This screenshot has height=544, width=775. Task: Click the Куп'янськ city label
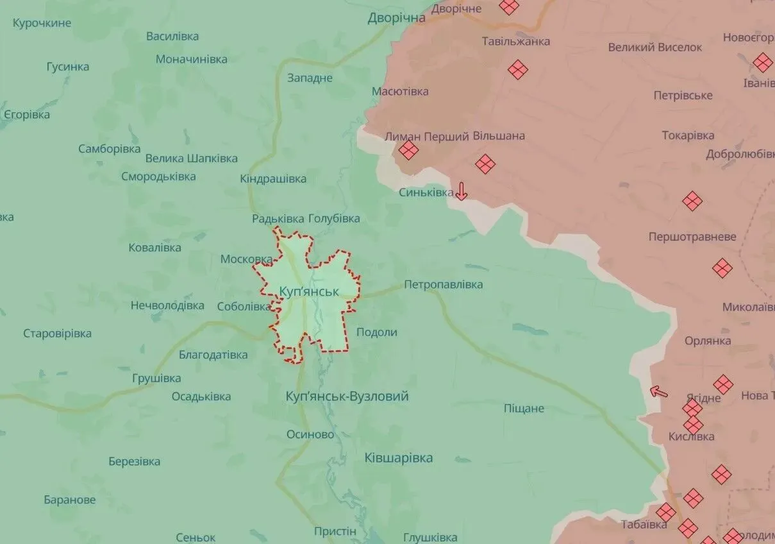[309, 291]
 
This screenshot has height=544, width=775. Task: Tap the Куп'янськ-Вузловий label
[347, 396]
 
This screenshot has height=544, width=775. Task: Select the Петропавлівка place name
[443, 284]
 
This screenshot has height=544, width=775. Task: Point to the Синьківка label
[426, 192]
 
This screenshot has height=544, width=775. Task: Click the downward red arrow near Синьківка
[461, 191]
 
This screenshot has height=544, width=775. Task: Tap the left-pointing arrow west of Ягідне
[658, 391]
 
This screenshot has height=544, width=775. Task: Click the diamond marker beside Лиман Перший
[408, 151]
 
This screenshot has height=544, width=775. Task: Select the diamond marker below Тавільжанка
[518, 69]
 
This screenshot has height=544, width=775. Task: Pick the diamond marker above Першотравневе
[692, 201]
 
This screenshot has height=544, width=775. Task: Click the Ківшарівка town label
[398, 458]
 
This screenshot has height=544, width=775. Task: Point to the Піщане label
[524, 408]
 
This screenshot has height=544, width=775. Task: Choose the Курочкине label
[42, 23]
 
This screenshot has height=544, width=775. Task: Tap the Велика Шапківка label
[191, 158]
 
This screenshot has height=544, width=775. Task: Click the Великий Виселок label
[654, 47]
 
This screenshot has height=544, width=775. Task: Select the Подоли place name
[376, 332]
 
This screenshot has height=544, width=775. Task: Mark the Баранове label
[70, 500]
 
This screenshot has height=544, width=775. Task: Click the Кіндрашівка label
[273, 178]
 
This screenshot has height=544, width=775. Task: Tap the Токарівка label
[688, 135]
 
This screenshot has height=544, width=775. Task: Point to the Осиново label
[310, 434]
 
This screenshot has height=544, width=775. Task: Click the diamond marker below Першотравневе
[722, 268]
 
